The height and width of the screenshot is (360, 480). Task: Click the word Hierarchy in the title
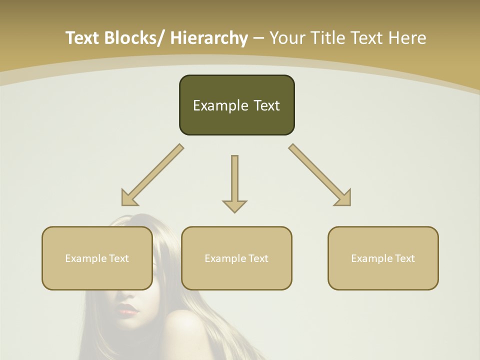209,38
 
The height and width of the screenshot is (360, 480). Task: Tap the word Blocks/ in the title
134,38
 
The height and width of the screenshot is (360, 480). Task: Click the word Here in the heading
408,38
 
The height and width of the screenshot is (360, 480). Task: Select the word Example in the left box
83,258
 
